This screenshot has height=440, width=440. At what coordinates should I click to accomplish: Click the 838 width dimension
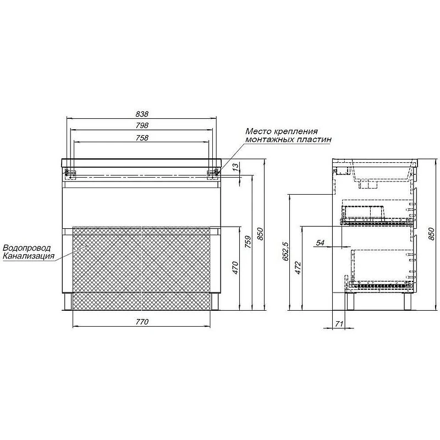pyautogui.click(x=142, y=114)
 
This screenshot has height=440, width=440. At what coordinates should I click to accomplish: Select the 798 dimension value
pyautogui.click(x=142, y=125)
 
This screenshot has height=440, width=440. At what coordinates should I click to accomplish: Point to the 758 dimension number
pyautogui.click(x=142, y=138)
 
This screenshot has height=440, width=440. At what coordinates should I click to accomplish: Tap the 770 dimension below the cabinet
pyautogui.click(x=142, y=322)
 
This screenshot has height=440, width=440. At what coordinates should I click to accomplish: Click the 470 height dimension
pyautogui.click(x=235, y=268)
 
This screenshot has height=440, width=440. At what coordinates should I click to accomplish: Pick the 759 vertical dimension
pyautogui.click(x=248, y=241)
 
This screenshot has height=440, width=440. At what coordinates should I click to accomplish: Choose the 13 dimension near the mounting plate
pyautogui.click(x=237, y=167)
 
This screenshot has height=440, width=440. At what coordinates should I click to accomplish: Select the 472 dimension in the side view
pyautogui.click(x=298, y=268)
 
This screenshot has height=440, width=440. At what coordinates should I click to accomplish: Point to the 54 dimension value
pyautogui.click(x=320, y=243)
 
